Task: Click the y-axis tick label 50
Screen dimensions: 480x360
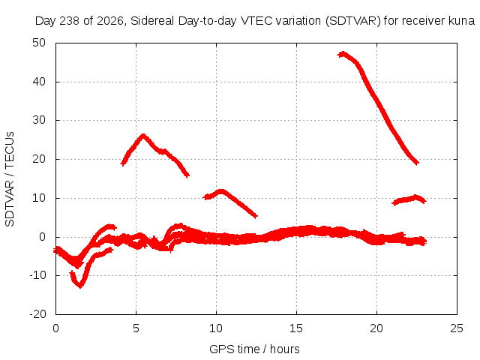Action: click(39, 43)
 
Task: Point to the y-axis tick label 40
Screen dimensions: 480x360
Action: click(39, 82)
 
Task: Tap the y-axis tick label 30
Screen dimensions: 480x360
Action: click(39, 120)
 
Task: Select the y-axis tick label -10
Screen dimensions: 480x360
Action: click(37, 275)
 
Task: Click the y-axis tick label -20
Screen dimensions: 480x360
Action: click(37, 314)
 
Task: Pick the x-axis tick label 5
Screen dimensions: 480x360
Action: click(136, 328)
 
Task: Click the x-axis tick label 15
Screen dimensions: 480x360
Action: click(296, 328)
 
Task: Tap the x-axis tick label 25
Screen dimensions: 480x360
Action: click(457, 328)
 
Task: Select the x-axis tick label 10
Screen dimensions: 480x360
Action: click(216, 328)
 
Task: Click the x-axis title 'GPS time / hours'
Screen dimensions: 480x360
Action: click(254, 349)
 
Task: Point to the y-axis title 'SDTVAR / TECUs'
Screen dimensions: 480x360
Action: click(10, 179)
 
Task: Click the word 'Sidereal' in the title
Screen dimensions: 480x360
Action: click(152, 21)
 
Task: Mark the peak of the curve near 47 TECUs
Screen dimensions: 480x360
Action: click(343, 53)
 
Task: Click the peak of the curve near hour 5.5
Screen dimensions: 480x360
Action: click(142, 136)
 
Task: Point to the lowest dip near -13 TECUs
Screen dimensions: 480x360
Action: click(80, 286)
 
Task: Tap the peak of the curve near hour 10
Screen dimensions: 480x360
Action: click(221, 191)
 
